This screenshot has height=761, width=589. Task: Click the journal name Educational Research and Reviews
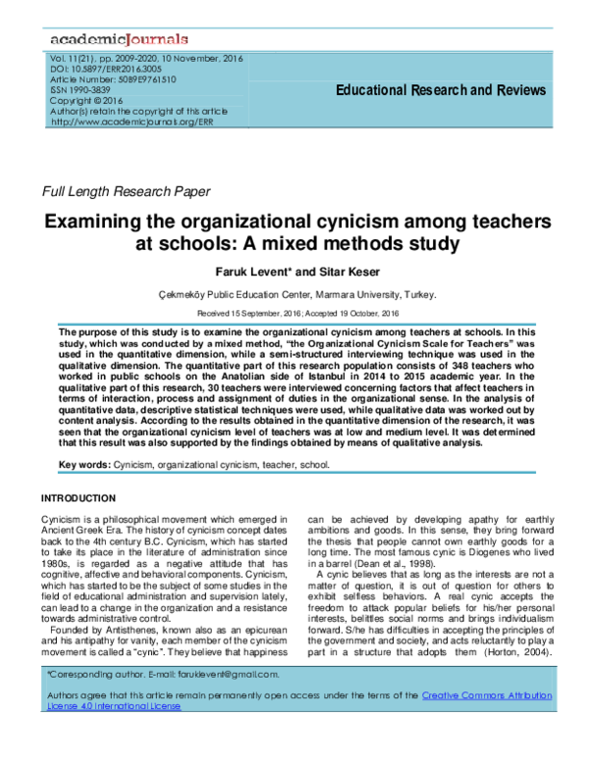(441, 90)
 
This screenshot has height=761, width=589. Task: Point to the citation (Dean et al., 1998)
(400, 564)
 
